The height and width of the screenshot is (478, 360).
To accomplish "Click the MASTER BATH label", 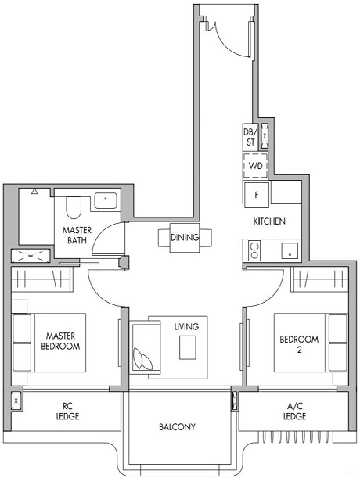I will pos(77,235).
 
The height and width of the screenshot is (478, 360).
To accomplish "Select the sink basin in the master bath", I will pos(106,200).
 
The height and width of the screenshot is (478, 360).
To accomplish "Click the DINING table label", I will pos(185,238).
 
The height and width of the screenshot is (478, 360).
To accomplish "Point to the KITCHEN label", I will pos(268,221).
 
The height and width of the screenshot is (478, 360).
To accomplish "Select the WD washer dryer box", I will pos(255,166).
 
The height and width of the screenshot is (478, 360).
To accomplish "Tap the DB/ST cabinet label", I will pos(250,137).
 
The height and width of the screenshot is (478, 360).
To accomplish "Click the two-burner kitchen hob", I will pos(254,251).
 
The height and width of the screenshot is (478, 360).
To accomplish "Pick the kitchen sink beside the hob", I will pos(289,252).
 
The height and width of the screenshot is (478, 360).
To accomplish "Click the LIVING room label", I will pos(186,326).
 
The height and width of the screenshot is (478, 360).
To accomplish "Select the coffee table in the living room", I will pos(188,347).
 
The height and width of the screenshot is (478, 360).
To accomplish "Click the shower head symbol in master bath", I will pos(34,190).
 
